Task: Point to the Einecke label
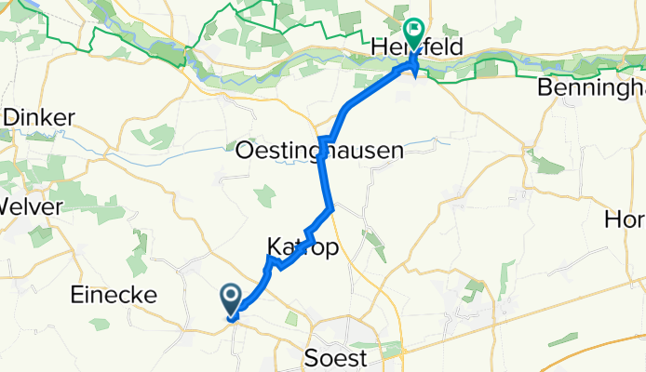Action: coord(113,295)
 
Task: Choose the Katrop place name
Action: coord(302,248)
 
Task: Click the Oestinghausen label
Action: coord(320,150)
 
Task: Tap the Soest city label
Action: coord(336,357)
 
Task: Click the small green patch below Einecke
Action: coord(100,324)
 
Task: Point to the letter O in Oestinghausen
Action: coord(247,150)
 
